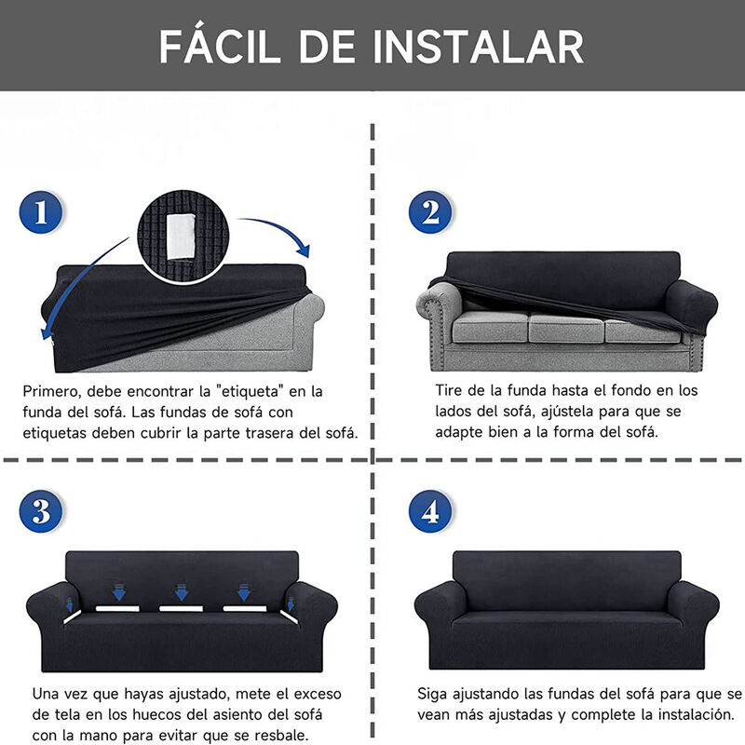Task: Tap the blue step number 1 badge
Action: tap(41, 212)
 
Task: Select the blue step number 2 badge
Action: tap(430, 212)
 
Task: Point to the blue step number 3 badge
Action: tap(41, 511)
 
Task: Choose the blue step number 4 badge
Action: tap(430, 511)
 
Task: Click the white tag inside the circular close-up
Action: tap(181, 237)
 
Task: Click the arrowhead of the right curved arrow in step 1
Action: tap(302, 250)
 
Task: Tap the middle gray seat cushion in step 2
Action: tap(565, 327)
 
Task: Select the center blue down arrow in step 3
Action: tap(182, 592)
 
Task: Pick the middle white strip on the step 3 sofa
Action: tap(181, 609)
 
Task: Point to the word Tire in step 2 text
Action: tap(449, 390)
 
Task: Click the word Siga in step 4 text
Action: tap(432, 695)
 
